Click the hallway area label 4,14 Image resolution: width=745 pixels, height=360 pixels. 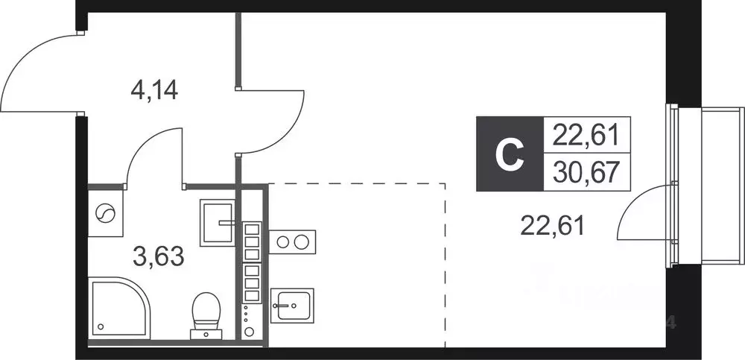point(154,90)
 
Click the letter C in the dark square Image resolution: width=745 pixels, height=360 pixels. point(510,154)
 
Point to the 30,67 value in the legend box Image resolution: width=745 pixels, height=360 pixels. point(587,172)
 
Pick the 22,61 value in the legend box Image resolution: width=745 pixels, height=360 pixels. point(587,135)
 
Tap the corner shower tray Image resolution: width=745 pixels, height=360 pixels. point(119,308)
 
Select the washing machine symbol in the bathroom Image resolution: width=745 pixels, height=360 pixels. point(106,213)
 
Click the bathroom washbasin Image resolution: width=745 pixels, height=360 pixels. point(218,223)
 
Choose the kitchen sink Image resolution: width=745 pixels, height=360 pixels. point(292,306)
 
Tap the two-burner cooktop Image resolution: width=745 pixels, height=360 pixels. point(292,241)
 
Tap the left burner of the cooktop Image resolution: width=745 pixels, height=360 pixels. point(282,242)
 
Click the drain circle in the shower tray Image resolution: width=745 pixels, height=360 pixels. point(101,326)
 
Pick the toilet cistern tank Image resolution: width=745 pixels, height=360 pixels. point(206,335)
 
